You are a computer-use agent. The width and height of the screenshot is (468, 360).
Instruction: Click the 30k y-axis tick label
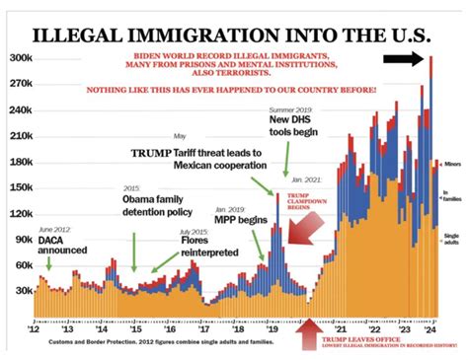[x=21, y=291]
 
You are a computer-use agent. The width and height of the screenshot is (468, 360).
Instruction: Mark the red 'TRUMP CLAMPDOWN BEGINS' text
[x=303, y=202]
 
